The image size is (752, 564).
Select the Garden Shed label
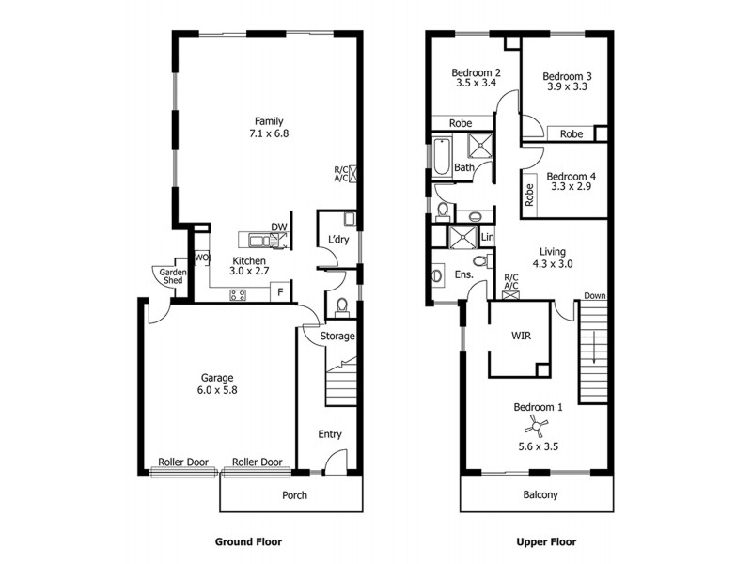pos(172,276)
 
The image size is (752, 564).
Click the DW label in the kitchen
pos(278,227)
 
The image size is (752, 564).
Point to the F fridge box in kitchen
pos(280,293)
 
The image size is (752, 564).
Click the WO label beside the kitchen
pos(201,258)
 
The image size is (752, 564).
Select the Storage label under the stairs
pos(337,336)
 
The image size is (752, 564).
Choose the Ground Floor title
pos(248,542)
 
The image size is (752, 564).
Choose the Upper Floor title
pos(546,542)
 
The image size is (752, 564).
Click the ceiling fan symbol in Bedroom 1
pos(537,428)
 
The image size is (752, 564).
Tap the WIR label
pos(522,335)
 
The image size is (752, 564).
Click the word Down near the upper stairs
pos(594,296)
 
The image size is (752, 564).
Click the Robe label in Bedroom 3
pos(571,134)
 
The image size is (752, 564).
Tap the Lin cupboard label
pos(487,237)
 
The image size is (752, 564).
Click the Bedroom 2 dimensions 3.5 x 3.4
pos(476,83)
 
